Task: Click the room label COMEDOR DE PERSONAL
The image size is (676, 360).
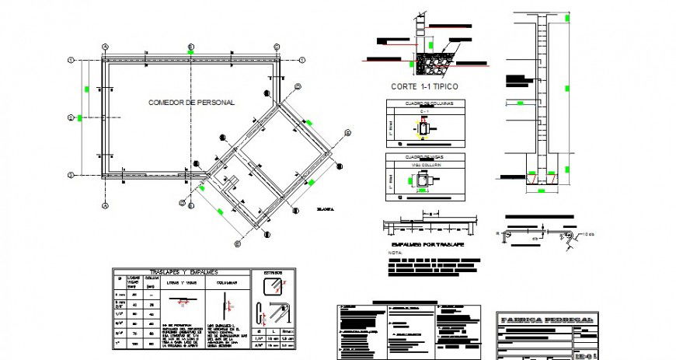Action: [191, 103]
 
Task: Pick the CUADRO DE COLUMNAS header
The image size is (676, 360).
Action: [424, 103]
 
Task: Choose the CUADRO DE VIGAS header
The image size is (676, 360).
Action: [424, 157]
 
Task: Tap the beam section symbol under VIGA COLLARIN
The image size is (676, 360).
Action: [424, 180]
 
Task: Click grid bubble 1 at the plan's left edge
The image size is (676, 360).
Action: [71, 60]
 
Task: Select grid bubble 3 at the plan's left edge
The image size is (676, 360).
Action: [71, 175]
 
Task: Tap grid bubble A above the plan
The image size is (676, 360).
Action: [105, 46]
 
